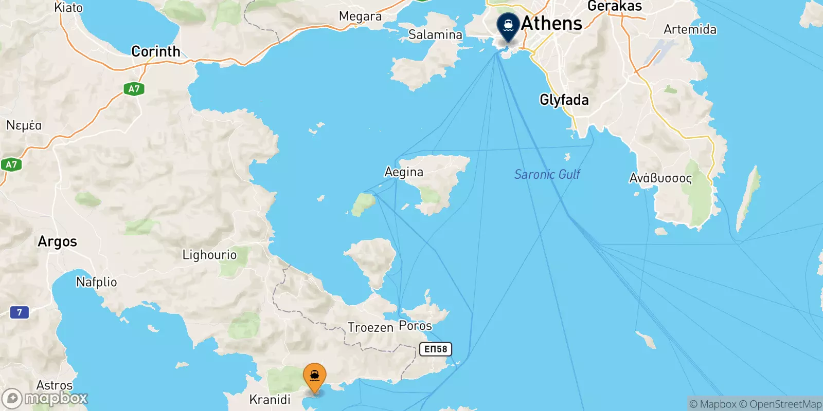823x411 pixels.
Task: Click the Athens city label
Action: (x=551, y=24)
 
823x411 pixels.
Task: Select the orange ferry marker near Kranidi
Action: (x=314, y=377)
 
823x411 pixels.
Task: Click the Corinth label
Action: (x=156, y=51)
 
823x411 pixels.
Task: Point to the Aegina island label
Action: (x=404, y=172)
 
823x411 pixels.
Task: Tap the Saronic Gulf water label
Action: (x=547, y=175)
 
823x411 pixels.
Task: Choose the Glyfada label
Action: (x=564, y=100)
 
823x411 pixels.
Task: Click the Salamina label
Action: (x=435, y=35)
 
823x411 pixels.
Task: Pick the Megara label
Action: (x=360, y=16)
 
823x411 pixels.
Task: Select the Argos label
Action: (x=57, y=241)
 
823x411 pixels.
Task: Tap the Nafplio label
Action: (x=96, y=282)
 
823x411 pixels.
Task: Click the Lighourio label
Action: (x=209, y=255)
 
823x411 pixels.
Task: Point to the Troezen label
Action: (x=370, y=327)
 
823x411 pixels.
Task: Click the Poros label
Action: (x=415, y=326)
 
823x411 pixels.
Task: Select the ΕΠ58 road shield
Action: (x=436, y=349)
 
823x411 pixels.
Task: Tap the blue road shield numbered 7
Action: (x=20, y=312)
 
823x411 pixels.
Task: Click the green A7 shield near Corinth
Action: (x=134, y=89)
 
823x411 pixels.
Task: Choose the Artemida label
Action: (x=690, y=29)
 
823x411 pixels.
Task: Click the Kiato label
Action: (x=68, y=8)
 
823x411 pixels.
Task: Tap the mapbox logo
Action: (x=45, y=398)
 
